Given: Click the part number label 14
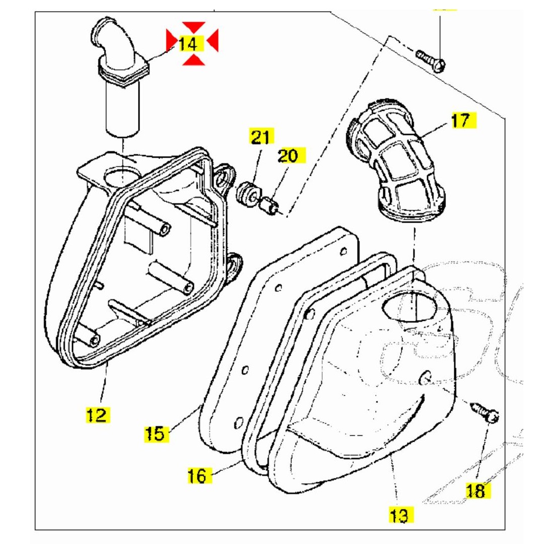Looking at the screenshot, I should pyautogui.click(x=187, y=43).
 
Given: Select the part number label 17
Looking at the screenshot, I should pyautogui.click(x=460, y=121).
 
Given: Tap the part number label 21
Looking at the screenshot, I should pyautogui.click(x=260, y=136).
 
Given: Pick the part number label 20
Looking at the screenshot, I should pyautogui.click(x=288, y=156).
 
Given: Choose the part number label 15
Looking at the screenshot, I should pyautogui.click(x=155, y=433).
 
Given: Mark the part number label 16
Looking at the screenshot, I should pyautogui.click(x=198, y=475).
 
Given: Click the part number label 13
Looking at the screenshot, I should pyautogui.click(x=399, y=515).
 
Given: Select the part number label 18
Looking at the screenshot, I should pyautogui.click(x=476, y=490).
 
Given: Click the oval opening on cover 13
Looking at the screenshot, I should pyautogui.click(x=409, y=308).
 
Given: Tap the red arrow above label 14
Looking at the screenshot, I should pyautogui.click(x=193, y=27).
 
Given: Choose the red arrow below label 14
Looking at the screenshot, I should pyautogui.click(x=193, y=60).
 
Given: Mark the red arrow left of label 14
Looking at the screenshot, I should pyautogui.click(x=172, y=40).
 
